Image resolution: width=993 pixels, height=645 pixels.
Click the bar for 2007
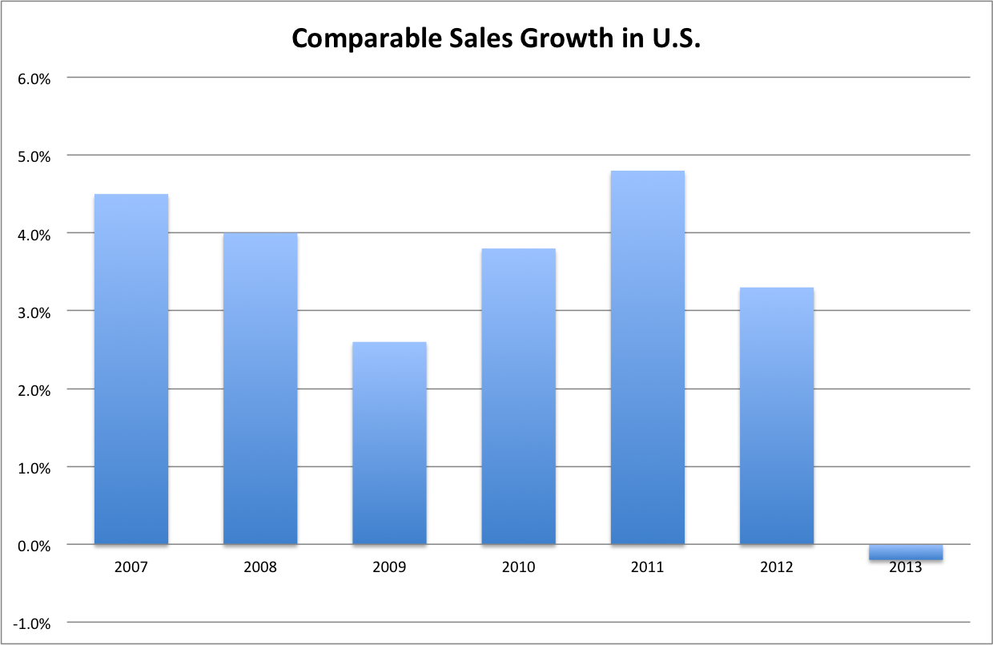131,369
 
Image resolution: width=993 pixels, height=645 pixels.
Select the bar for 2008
260,389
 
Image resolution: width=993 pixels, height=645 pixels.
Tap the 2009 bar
389,443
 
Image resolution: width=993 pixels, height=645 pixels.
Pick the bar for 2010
518,397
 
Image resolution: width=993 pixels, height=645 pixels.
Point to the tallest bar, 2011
647,358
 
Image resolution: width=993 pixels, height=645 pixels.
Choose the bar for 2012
777,416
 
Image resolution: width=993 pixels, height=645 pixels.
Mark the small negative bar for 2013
906,552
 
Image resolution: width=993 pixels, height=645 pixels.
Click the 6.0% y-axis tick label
34,79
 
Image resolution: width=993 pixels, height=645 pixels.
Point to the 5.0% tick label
34,156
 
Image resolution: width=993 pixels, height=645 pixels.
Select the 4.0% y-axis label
34,234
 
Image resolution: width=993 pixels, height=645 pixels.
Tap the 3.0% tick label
34,312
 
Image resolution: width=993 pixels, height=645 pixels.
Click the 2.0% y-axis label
34,390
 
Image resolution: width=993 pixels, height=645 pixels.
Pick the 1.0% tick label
34,468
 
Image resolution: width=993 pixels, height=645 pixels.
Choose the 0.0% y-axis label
34,546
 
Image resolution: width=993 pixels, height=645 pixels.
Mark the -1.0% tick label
32,623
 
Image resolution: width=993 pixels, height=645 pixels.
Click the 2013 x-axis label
906,567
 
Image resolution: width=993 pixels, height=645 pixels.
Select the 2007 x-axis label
131,567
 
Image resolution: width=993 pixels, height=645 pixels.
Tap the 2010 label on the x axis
518,567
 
